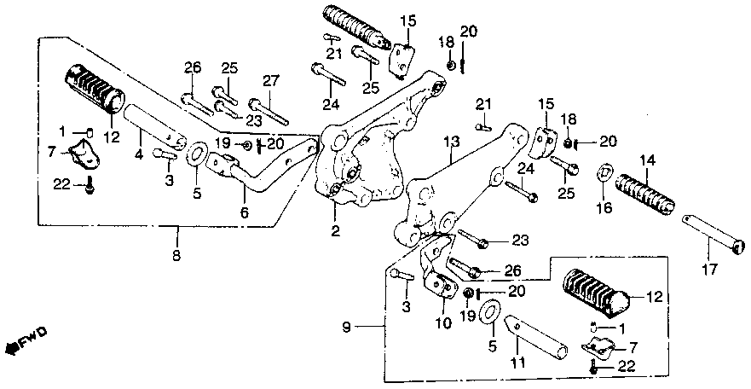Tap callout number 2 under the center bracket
336,230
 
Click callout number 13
451,141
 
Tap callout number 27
270,81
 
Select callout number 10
443,322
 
